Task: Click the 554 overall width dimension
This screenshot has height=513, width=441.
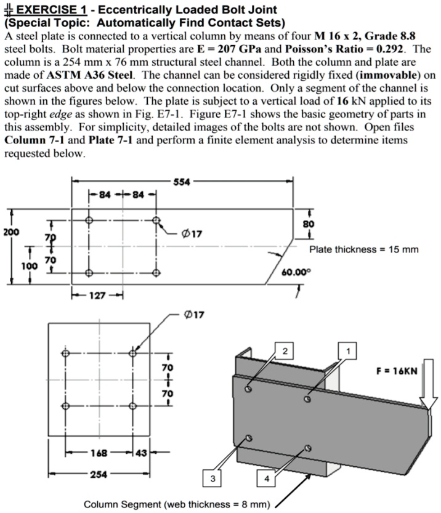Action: point(182,182)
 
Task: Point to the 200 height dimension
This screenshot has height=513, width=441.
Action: point(12,233)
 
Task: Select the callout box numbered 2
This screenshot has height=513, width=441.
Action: point(285,351)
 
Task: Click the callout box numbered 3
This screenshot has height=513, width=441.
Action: point(212,479)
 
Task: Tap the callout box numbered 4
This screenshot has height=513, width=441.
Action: point(266,479)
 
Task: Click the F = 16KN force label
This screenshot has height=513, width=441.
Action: point(396,371)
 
